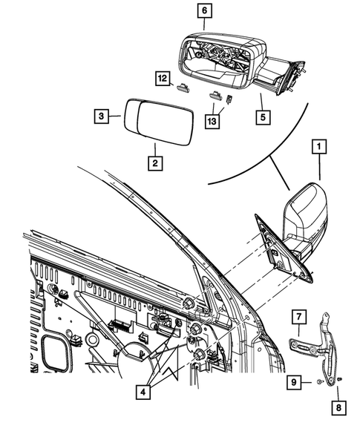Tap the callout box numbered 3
point(101,116)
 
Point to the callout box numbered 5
point(261,116)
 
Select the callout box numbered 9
point(295,382)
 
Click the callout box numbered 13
point(211,121)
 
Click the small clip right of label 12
point(183,88)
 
